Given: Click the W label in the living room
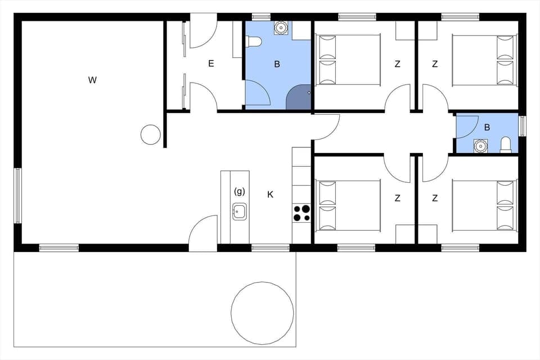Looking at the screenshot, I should tap(92, 80).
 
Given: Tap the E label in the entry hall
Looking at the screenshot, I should tap(211, 64).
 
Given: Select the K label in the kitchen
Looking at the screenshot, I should tap(270, 195).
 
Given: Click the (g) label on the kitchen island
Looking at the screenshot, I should tap(239, 191).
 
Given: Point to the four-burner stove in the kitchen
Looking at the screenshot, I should tap(301, 213).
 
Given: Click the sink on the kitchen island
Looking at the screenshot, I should tap(239, 212).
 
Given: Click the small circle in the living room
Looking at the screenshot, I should tap(150, 134).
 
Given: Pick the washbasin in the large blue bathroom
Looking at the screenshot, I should tap(280, 28).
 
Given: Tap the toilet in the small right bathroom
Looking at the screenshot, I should tap(505, 145).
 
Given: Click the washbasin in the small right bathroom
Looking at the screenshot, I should tap(480, 146).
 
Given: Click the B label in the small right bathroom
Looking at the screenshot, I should tap(487, 127).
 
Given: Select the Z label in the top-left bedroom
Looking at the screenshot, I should tap(397, 64).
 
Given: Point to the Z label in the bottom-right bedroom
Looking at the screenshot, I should tap(435, 198).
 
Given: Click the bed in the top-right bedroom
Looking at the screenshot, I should tap(484, 60).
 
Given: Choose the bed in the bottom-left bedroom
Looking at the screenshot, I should tap(349, 205).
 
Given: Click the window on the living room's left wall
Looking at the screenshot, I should tap(17, 196).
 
